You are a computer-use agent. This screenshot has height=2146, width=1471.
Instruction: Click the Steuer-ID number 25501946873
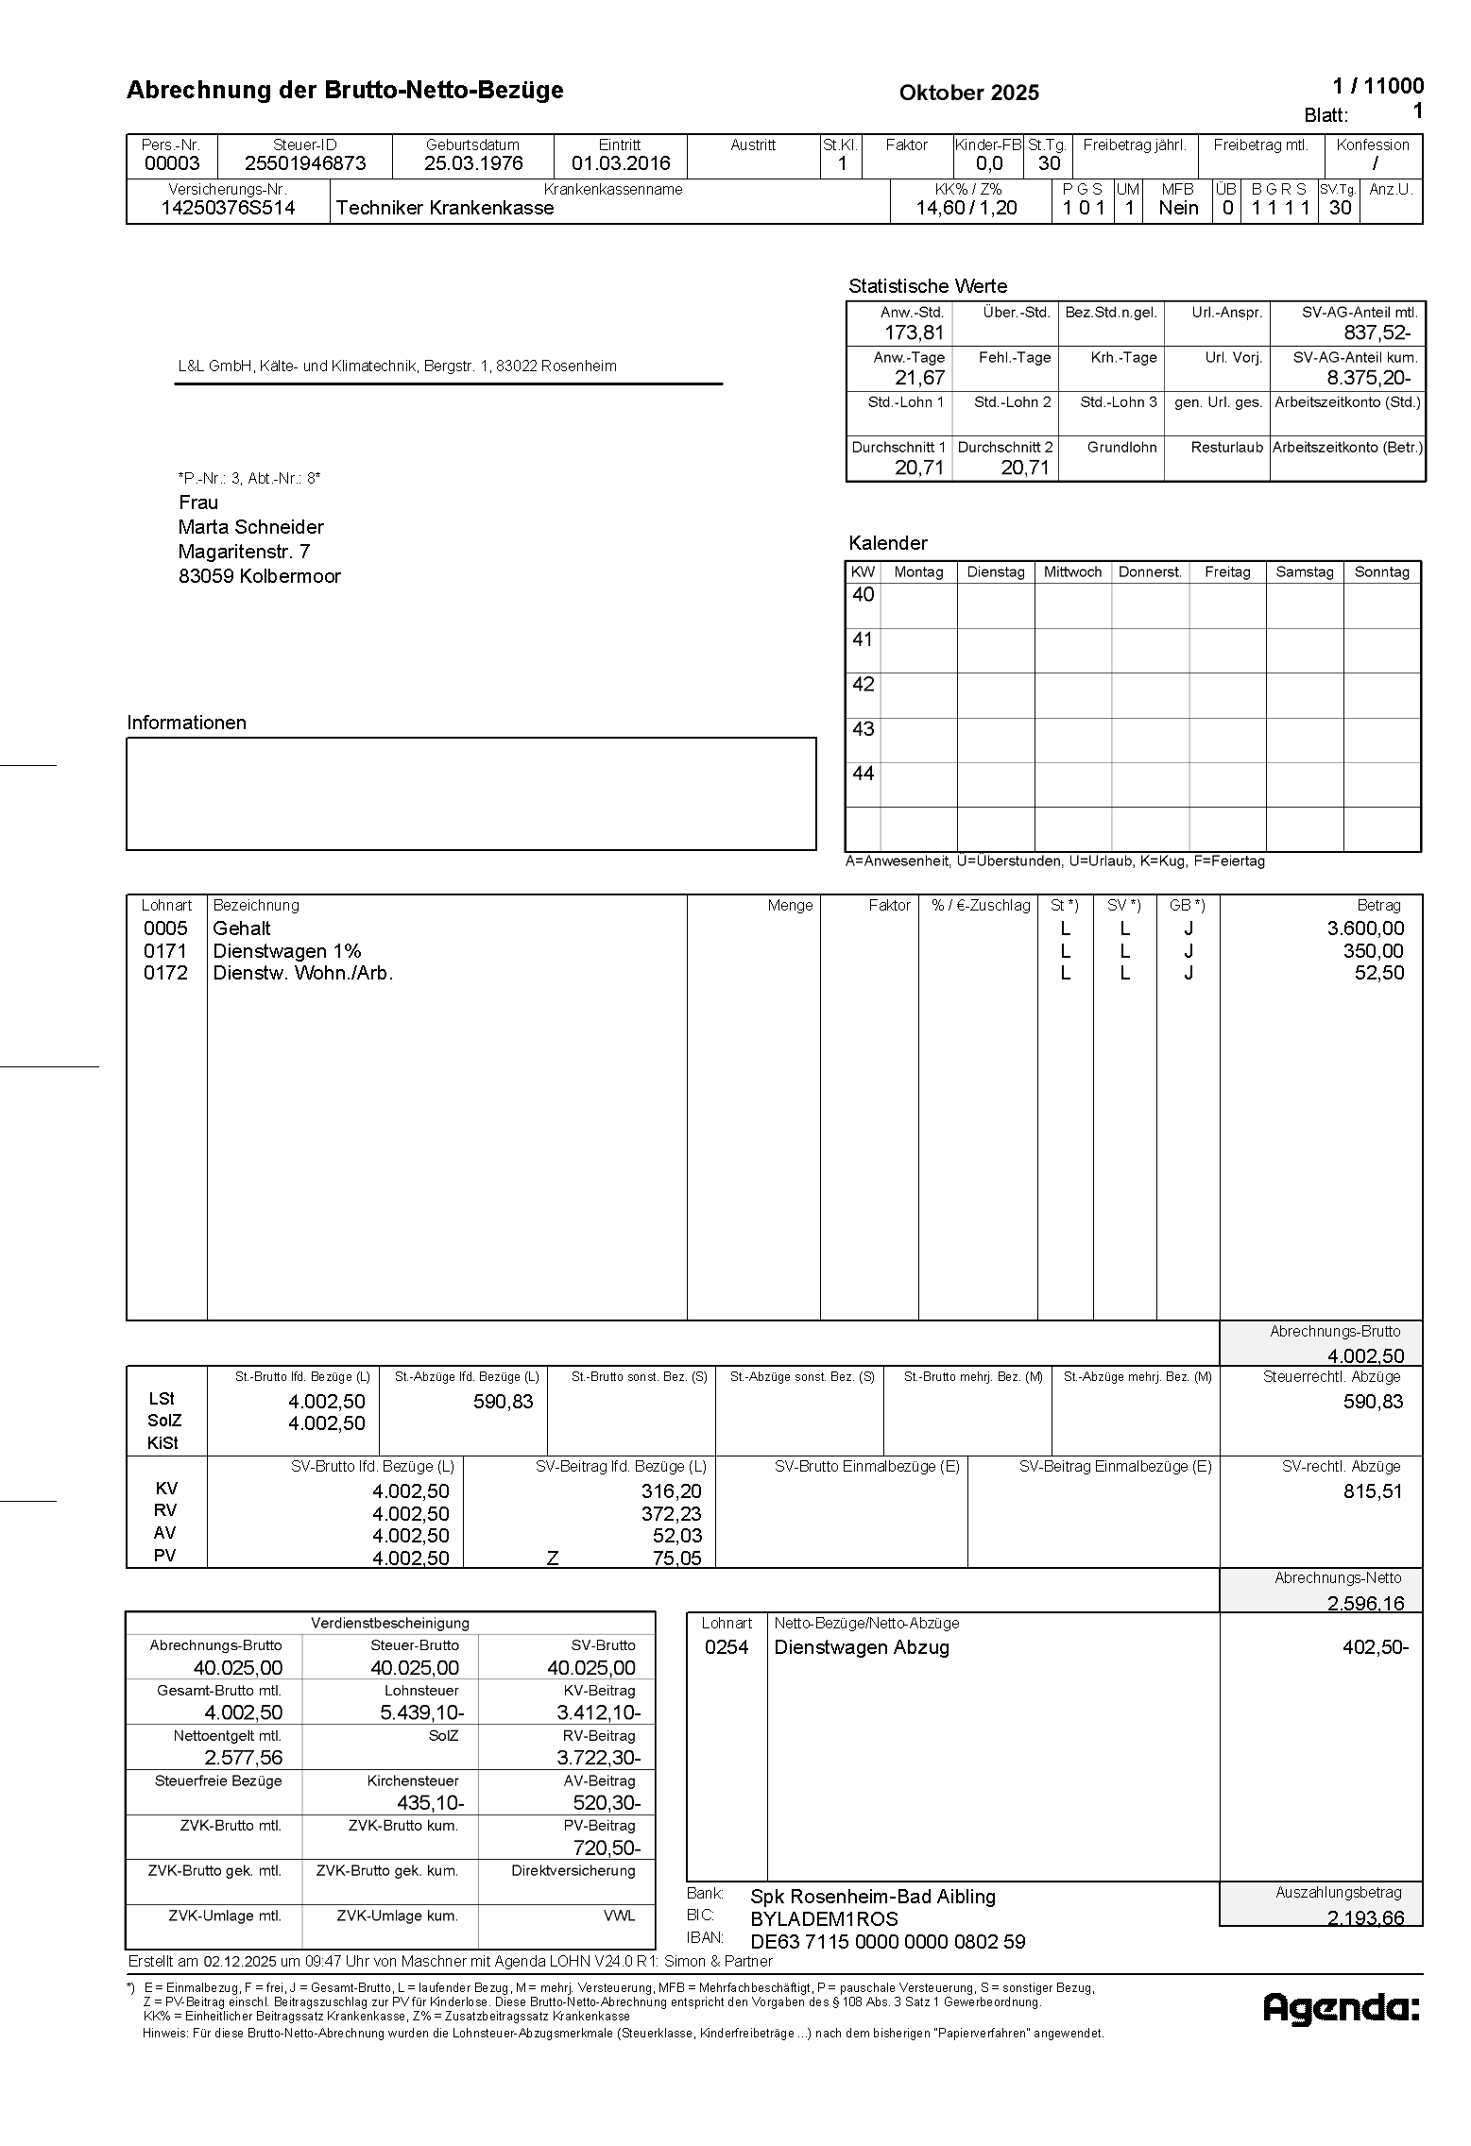[x=305, y=163]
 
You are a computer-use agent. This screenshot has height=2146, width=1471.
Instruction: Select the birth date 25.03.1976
[x=472, y=163]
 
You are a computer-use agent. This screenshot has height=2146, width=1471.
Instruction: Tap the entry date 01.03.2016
[x=620, y=163]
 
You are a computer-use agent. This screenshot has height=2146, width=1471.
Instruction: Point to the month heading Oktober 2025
[x=968, y=93]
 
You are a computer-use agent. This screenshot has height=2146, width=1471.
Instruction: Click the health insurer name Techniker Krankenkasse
[x=444, y=209]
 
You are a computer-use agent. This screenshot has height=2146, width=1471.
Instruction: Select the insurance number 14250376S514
[x=228, y=209]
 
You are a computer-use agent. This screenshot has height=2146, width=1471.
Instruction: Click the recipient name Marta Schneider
[x=250, y=527]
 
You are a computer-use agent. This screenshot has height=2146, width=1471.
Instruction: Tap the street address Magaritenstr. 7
[x=244, y=552]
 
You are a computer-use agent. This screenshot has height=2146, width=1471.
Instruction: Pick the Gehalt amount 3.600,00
[x=1365, y=928]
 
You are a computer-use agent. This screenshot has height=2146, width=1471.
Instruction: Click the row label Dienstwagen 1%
[x=286, y=951]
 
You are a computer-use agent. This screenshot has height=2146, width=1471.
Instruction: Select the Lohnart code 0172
[x=165, y=973]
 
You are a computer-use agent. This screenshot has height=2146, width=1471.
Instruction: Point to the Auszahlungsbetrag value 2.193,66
[x=1365, y=1917]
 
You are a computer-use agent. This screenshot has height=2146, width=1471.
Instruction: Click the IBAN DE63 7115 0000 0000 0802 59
[x=887, y=1942]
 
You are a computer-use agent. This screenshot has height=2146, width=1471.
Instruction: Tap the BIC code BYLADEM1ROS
[x=824, y=1919]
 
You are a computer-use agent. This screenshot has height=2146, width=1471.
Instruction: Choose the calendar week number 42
[x=863, y=684]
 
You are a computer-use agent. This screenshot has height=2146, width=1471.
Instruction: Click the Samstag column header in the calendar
[x=1304, y=572]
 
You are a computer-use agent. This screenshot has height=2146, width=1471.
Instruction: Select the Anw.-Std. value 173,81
[x=914, y=332]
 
